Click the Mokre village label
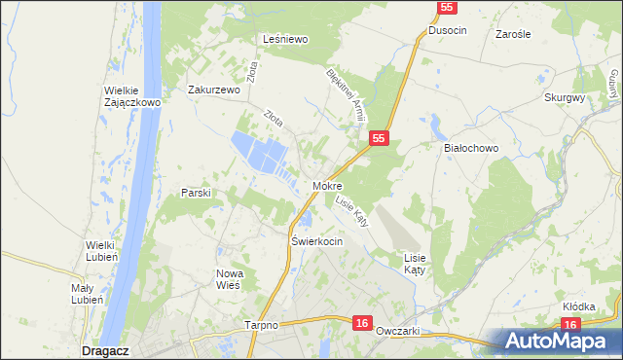coord(327,185)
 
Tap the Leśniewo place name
coord(285,40)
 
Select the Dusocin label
coord(447,31)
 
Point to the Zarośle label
coord(512,34)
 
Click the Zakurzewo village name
coord(213,90)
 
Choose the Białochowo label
coord(470,148)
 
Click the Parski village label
coord(196,194)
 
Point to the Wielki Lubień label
coord(102,252)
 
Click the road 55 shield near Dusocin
coord(444,8)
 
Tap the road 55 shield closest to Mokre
coord(380,140)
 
